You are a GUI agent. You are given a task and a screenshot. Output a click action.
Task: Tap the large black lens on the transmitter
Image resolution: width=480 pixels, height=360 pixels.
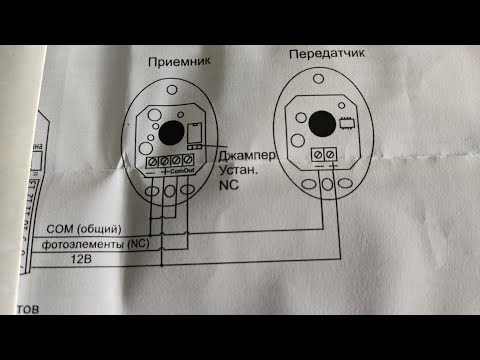pyautogui.click(x=320, y=124)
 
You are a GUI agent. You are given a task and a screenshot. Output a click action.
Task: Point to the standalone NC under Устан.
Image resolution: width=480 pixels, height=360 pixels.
pyautogui.click(x=229, y=187)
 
